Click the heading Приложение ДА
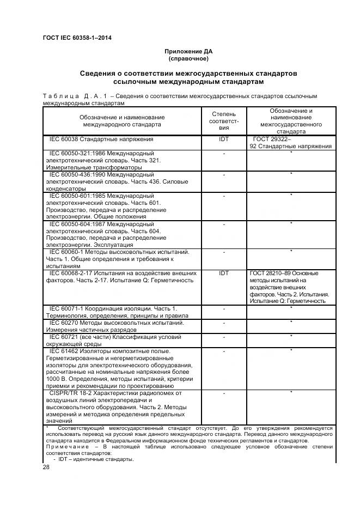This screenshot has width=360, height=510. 188,51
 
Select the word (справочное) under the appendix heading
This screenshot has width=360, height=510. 188,58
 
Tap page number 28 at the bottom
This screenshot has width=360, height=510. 46,467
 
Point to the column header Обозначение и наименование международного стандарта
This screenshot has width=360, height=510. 122,121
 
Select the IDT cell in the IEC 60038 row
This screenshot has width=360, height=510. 224,139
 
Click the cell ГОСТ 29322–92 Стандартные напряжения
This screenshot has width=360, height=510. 291,143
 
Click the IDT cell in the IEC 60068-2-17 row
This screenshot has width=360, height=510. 224,274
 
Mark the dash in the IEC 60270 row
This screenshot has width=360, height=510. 224,323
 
